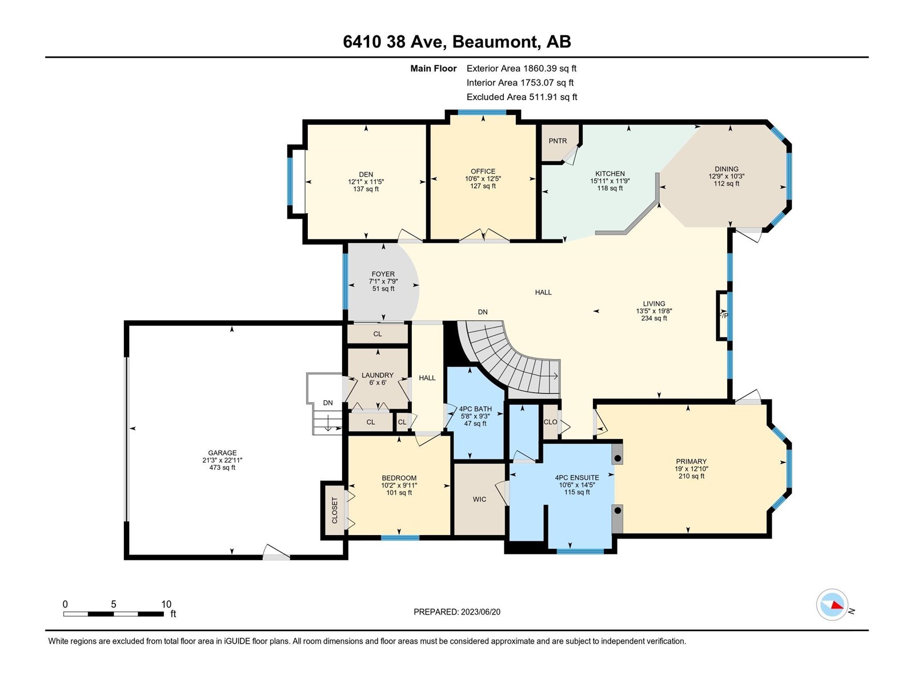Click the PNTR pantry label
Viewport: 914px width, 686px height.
click(558, 141)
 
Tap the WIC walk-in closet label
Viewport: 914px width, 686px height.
click(479, 499)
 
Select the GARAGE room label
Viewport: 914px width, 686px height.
click(222, 453)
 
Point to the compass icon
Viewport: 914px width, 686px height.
click(832, 604)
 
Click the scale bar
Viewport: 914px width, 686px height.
click(113, 613)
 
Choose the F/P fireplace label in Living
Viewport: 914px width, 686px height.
click(723, 316)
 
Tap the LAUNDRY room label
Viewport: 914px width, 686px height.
click(377, 375)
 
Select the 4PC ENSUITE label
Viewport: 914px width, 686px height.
click(577, 478)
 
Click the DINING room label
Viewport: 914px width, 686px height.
click(726, 169)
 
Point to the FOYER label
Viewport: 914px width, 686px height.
click(383, 274)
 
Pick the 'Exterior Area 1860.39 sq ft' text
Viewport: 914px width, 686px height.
click(522, 68)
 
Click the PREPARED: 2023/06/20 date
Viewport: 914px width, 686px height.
click(457, 612)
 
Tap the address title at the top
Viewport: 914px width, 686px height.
click(457, 42)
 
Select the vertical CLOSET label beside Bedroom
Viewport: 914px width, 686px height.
click(334, 510)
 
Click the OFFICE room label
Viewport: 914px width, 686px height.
click(483, 171)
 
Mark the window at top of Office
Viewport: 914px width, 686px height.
click(482, 112)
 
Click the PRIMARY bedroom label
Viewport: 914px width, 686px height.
click(691, 461)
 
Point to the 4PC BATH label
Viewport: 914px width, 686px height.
click(475, 409)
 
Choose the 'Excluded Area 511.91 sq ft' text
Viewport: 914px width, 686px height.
click(522, 97)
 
